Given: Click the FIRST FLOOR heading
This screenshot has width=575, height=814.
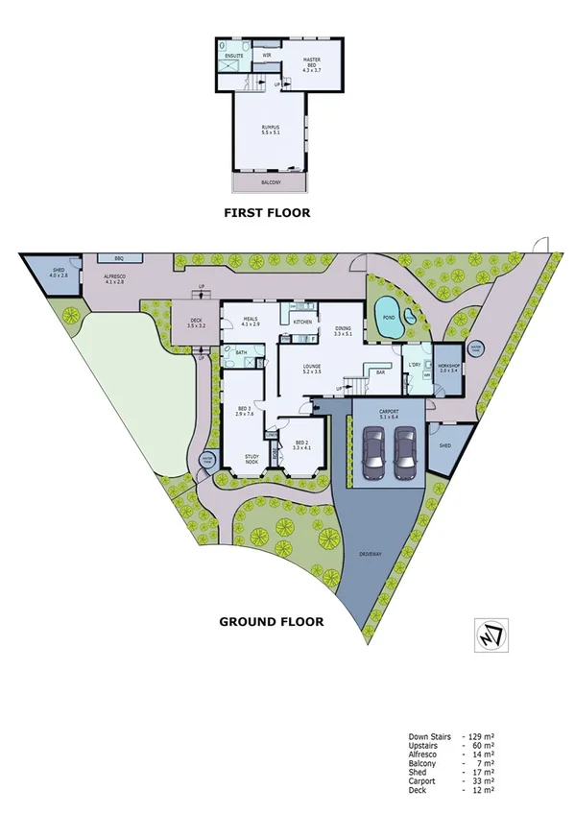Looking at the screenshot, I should [x=267, y=212].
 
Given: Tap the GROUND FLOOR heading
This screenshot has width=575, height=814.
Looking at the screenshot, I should [x=272, y=621].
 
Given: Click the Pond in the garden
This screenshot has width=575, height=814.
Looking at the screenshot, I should [x=389, y=321].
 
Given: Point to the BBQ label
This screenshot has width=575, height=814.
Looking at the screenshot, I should [x=119, y=259].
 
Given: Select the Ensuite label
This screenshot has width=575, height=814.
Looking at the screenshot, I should [x=233, y=55].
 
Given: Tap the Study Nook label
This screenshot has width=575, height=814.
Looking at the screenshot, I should [x=252, y=460].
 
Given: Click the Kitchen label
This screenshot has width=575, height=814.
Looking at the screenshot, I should [x=302, y=322].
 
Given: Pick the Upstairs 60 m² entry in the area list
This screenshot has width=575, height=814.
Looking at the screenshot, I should [x=451, y=744].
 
